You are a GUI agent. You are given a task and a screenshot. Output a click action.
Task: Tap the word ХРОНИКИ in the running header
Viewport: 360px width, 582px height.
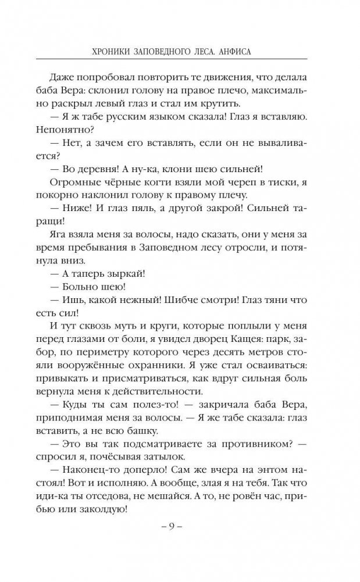pos(104,51)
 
